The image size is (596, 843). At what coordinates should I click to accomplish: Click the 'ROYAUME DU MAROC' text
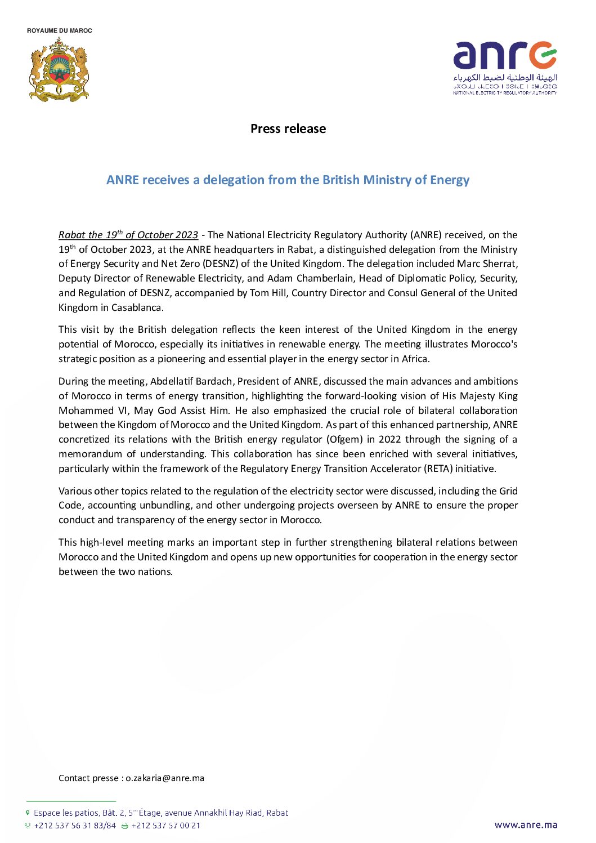coord(59,30)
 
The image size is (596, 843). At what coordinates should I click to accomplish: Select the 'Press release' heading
coord(288,128)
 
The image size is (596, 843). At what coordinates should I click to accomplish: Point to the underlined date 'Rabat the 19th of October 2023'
coord(128,235)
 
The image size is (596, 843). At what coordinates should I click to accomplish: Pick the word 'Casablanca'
coord(137,307)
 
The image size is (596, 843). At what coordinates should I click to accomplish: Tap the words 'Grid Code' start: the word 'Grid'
coord(508,491)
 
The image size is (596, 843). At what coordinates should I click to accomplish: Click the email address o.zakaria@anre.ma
coord(165,778)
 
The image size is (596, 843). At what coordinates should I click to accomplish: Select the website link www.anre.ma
coord(526,825)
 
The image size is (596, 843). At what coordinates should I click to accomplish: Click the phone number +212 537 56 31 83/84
coord(75,826)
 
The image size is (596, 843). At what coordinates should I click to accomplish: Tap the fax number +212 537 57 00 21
coord(165,826)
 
